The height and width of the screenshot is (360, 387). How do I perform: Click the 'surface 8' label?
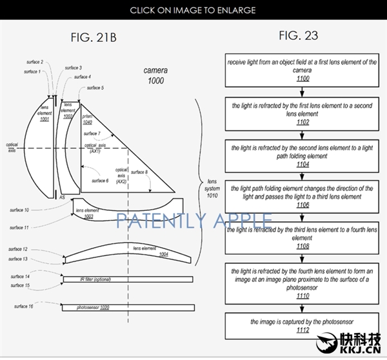click(x=139, y=172)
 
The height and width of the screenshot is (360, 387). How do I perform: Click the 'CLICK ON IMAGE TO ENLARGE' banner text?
click(x=192, y=10)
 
